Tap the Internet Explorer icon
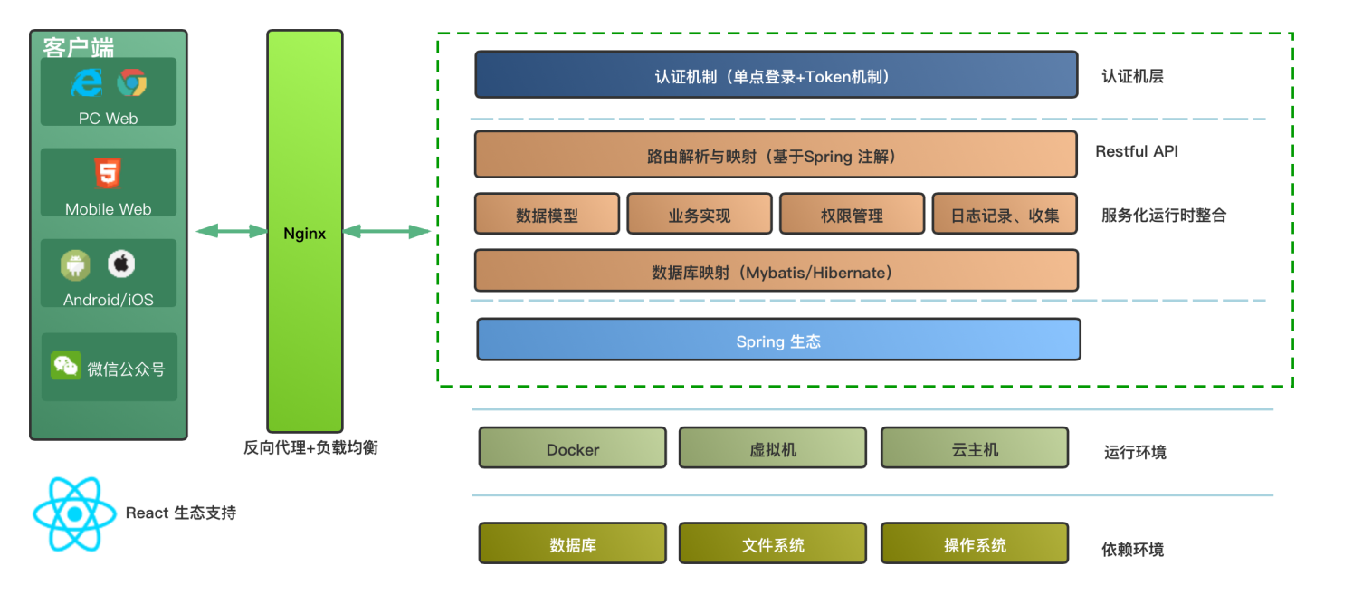coord(88,83)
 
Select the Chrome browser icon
coord(132,83)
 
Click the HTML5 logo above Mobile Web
coord(108,172)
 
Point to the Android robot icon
coord(76,264)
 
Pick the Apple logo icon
coord(121,264)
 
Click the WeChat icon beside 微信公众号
coord(66,365)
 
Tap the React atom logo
coord(75,514)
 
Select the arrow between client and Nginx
coord(232,232)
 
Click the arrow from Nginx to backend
coord(386,232)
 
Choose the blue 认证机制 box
coord(776,75)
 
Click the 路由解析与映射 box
coord(776,155)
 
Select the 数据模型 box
coord(548,215)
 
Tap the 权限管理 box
coord(852,215)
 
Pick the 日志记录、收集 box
coord(1005,215)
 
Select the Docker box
coord(573,448)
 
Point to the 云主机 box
coord(975,448)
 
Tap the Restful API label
coord(1137,151)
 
